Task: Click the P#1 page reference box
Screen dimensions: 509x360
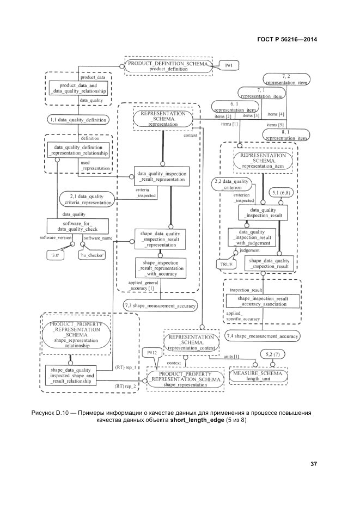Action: tap(229, 65)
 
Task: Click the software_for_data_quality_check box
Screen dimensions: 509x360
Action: tap(77, 226)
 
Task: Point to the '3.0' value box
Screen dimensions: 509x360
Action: tap(55, 254)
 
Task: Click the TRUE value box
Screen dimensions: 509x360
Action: tap(226, 264)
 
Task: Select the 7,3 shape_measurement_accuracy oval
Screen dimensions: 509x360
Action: tap(160, 306)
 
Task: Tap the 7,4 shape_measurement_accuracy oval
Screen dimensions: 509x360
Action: tap(262, 336)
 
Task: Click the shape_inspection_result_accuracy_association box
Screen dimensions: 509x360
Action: tap(262, 301)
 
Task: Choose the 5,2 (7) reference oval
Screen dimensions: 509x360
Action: tap(272, 354)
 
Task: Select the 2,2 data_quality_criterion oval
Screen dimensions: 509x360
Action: tap(233, 184)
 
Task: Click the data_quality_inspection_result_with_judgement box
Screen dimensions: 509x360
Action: tap(251, 237)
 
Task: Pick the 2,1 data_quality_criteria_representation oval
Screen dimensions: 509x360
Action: tap(86, 199)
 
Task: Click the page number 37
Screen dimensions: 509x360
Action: tap(314, 464)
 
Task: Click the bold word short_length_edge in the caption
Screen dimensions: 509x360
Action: tap(197, 421)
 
